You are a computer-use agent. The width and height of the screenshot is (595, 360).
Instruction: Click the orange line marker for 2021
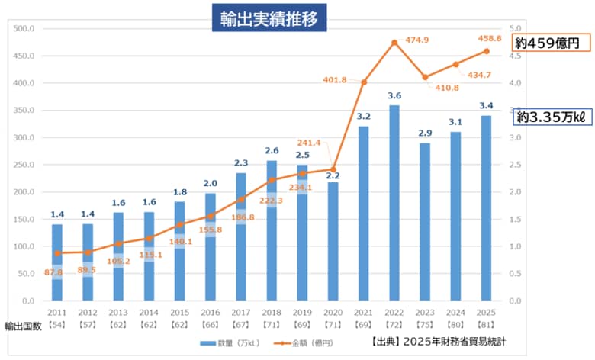[x=364, y=82]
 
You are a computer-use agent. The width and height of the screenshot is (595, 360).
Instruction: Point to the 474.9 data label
[x=416, y=40]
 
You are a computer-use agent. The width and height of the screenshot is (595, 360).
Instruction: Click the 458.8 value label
[x=489, y=38]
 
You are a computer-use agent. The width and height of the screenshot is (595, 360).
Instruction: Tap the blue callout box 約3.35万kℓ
[x=550, y=117]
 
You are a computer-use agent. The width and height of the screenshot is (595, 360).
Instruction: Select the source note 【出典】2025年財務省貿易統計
[x=439, y=342]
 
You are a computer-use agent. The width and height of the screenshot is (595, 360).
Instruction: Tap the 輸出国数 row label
[x=21, y=326]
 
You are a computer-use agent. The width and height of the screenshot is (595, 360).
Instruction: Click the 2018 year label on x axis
[x=272, y=313]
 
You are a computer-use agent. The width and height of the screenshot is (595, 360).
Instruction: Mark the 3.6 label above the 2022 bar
[x=394, y=95]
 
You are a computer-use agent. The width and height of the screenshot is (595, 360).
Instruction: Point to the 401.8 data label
[x=335, y=79]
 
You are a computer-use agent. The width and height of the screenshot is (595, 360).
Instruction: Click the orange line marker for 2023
[x=425, y=77]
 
